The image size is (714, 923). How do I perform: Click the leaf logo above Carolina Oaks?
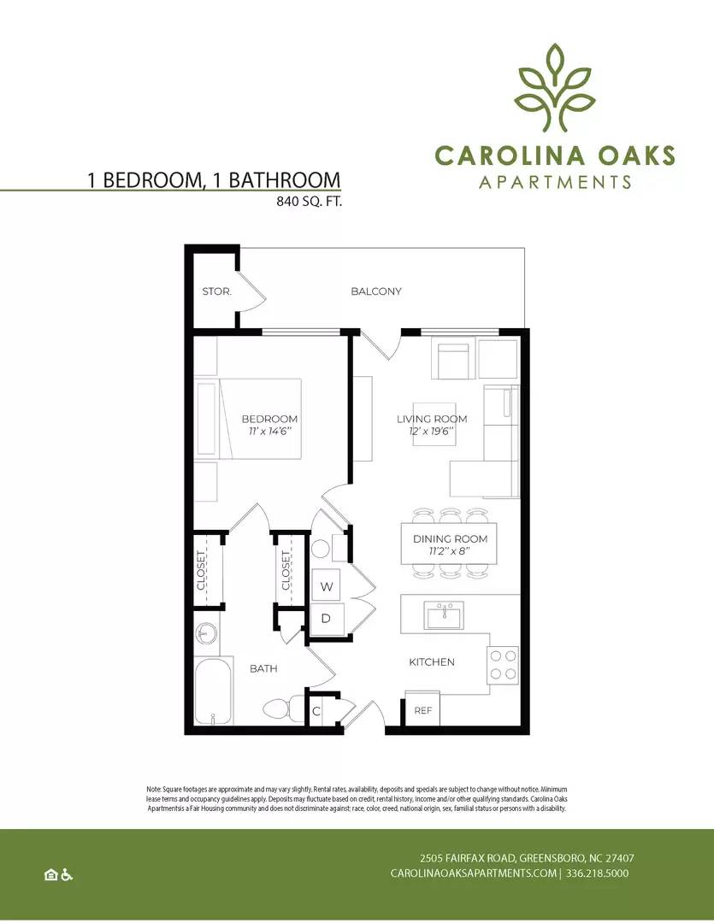click(553, 87)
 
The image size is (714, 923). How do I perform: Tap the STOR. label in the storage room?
click(217, 291)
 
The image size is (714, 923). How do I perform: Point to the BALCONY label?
click(376, 291)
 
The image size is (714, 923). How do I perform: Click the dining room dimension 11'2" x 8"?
click(450, 551)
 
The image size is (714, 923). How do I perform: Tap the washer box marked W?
click(327, 585)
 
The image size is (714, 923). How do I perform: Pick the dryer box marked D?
click(326, 619)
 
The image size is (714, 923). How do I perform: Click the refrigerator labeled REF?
click(422, 709)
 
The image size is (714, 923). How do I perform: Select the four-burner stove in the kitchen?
click(503, 665)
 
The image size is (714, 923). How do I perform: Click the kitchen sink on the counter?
click(444, 615)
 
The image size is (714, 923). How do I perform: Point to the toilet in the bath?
click(282, 708)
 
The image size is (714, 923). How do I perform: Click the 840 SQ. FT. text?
click(310, 202)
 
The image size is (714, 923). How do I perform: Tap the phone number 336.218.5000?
click(597, 873)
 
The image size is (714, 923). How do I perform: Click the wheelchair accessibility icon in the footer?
click(67, 875)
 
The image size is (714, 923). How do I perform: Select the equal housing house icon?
click(51, 875)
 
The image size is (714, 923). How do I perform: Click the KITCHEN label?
click(432, 662)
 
